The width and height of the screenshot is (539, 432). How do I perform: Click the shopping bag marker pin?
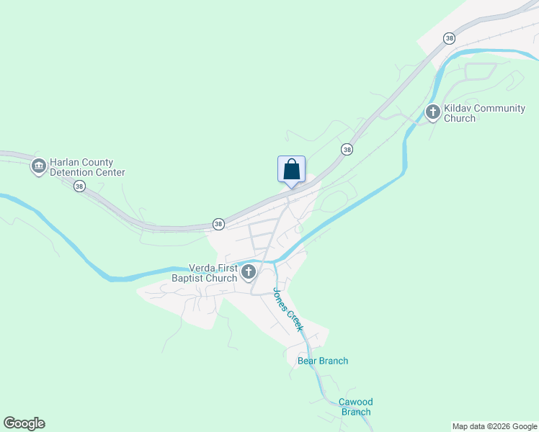[x=291, y=170]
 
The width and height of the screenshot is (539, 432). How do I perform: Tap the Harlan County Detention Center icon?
[x=38, y=167]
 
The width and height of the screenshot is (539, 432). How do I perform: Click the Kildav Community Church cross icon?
[x=433, y=112]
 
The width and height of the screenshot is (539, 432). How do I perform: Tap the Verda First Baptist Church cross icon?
[x=249, y=272]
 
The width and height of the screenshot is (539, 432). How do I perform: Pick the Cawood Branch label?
[x=356, y=407]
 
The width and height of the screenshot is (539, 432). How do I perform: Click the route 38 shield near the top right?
[x=450, y=38]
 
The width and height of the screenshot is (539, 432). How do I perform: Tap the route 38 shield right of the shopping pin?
[x=347, y=150]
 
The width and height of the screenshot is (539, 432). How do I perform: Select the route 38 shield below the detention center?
[x=79, y=186]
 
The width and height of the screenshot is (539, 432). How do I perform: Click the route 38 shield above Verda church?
[x=218, y=225]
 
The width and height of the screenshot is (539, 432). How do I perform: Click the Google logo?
[x=24, y=423]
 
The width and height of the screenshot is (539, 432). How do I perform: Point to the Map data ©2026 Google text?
[x=494, y=426]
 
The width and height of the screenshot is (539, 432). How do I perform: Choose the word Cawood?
[x=356, y=402]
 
